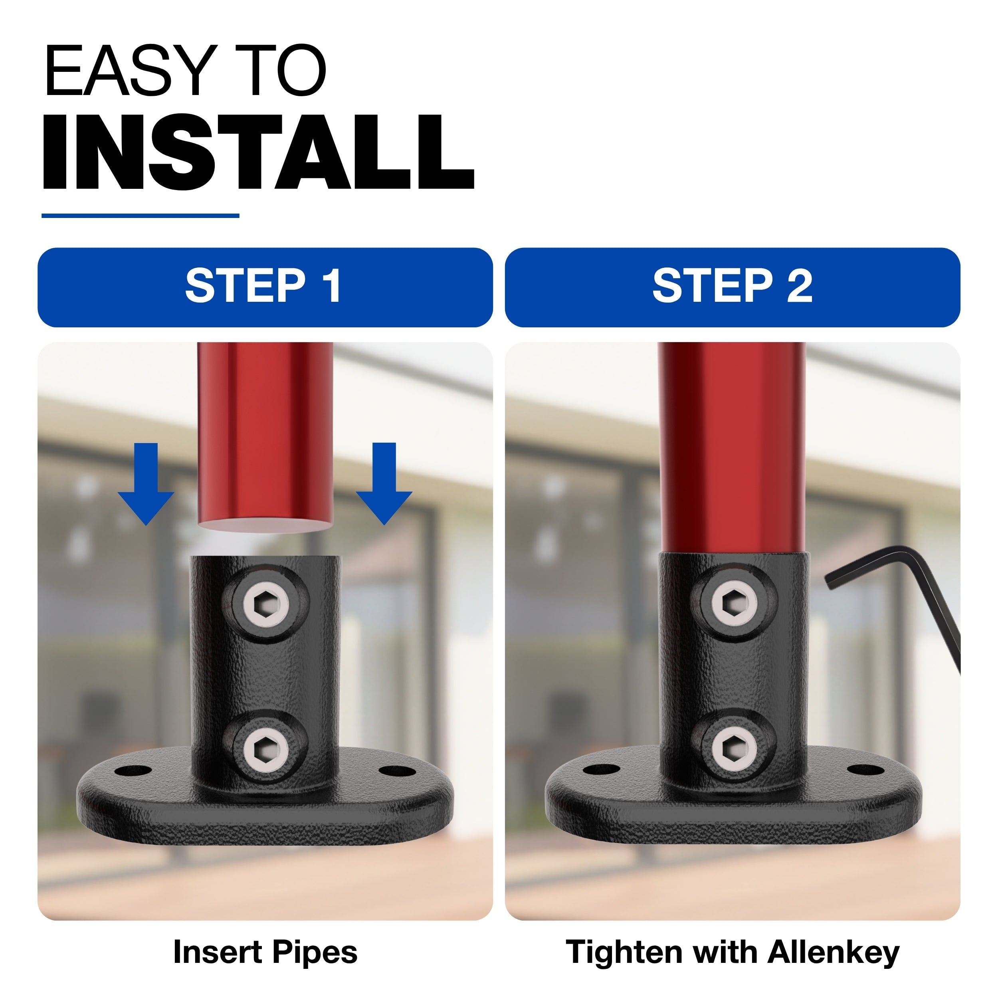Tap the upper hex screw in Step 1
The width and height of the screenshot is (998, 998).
pos(265,603)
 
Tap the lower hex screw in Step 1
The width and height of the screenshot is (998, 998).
pos(265,750)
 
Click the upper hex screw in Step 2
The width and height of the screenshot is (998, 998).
pos(735,602)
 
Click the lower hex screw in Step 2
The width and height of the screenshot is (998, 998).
pos(735,749)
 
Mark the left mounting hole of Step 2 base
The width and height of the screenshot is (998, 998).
pos(602,770)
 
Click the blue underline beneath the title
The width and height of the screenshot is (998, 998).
pos(141,216)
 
